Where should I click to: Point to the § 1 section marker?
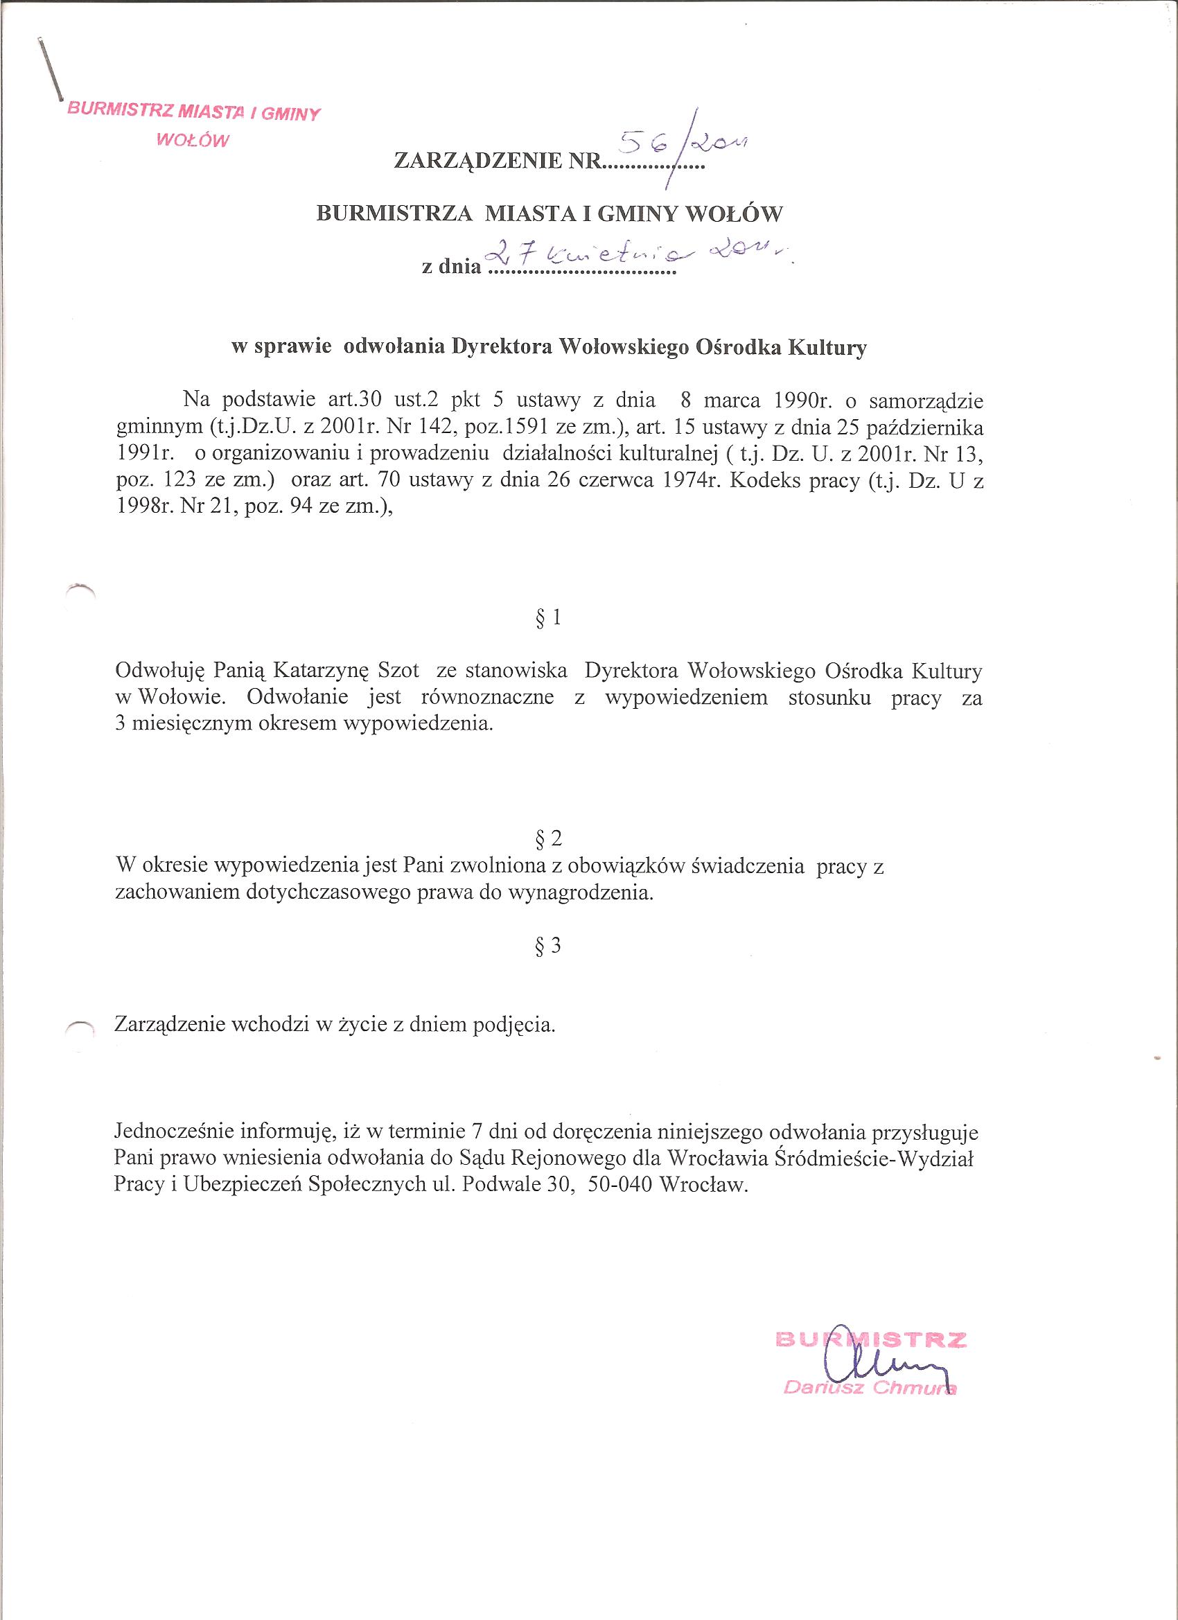pyautogui.click(x=548, y=617)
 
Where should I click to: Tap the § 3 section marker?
pyautogui.click(x=548, y=947)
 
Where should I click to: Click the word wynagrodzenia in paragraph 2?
pyautogui.click(x=579, y=893)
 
